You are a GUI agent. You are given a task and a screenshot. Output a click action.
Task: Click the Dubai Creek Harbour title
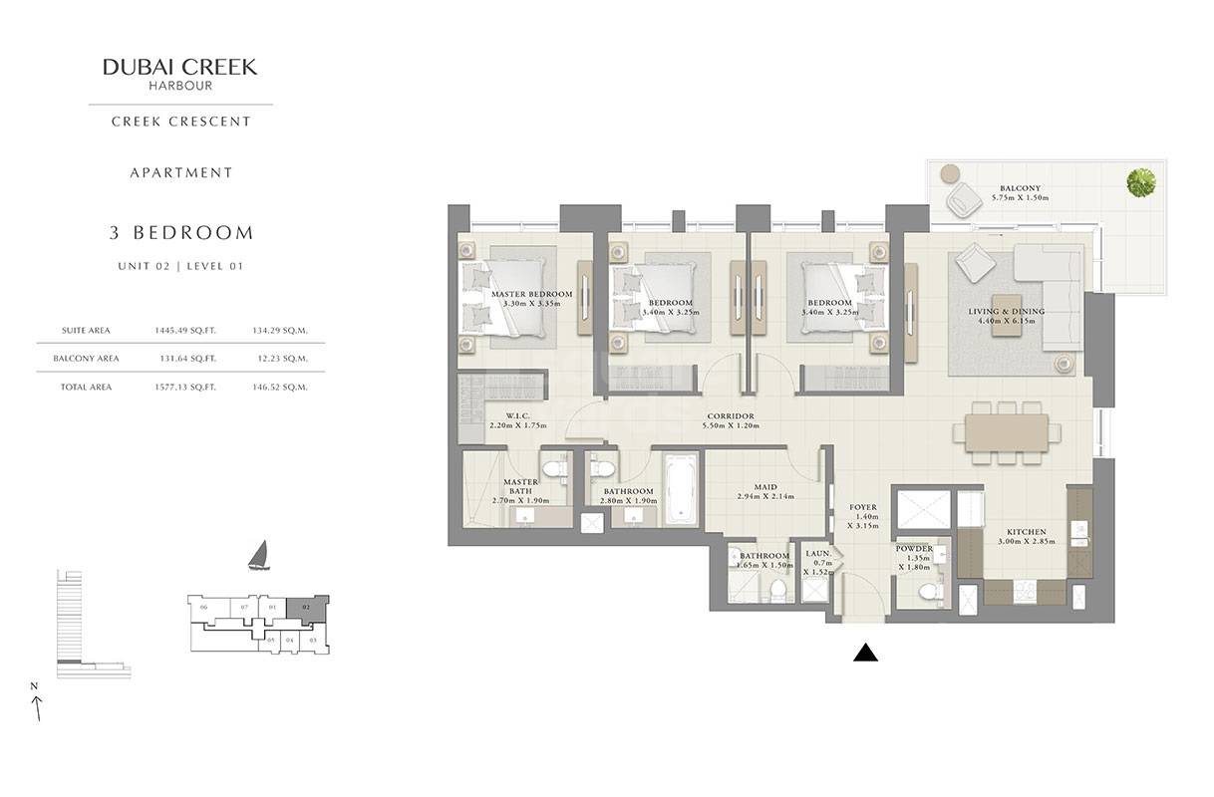(179, 68)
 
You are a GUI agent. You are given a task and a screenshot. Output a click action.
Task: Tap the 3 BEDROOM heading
(181, 233)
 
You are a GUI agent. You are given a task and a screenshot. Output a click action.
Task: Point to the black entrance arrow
(866, 653)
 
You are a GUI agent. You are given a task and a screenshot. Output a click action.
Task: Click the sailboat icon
(258, 556)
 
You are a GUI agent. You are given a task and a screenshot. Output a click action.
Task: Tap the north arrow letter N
(33, 685)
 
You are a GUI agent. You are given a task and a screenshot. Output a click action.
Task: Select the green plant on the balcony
(1141, 183)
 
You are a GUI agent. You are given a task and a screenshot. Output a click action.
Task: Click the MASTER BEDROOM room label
(531, 295)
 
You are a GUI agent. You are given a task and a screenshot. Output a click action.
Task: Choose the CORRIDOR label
(730, 416)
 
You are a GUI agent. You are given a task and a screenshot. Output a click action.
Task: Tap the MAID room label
(764, 487)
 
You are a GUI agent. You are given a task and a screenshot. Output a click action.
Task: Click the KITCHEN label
(1022, 532)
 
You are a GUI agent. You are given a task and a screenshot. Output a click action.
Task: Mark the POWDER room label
(914, 549)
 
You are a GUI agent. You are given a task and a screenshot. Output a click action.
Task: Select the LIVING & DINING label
(1006, 312)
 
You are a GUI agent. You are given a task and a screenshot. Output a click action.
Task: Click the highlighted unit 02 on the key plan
(307, 605)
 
